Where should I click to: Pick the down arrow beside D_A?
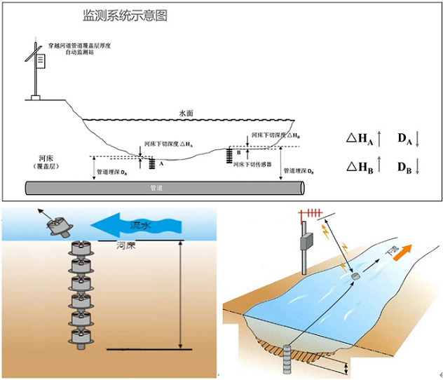pyautogui.click(x=417, y=140)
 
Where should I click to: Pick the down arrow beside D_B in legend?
pyautogui.click(x=417, y=167)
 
